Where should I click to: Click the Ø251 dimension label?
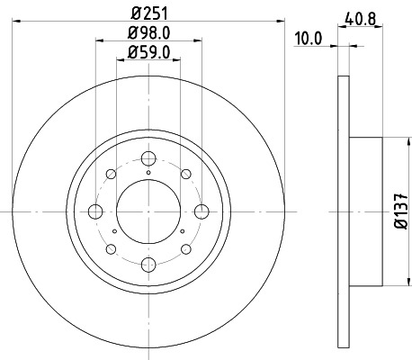[148, 13]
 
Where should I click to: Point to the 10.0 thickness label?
[309, 39]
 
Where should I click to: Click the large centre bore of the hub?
[148, 212]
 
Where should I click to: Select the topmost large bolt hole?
[148, 158]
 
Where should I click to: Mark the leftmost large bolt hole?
[95, 212]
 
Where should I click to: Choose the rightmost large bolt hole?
[202, 212]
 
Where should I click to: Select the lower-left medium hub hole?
[112, 249]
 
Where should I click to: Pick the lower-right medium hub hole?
[185, 249]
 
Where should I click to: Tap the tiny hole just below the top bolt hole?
[148, 173]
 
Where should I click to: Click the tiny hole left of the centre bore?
[114, 232]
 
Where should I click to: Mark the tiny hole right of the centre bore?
[183, 232]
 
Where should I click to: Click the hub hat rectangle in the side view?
[366, 212]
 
